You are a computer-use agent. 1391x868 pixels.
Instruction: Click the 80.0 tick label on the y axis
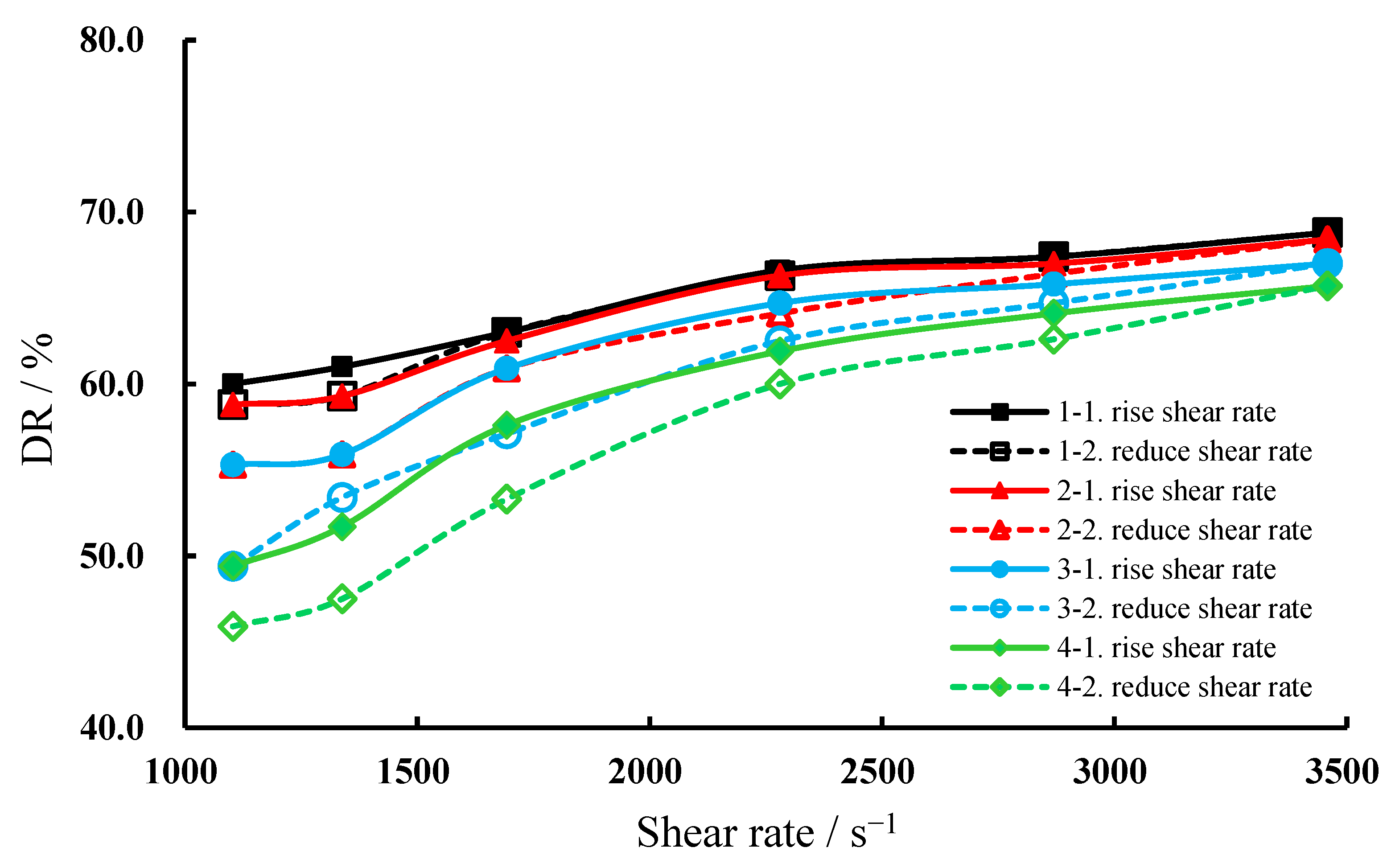111,41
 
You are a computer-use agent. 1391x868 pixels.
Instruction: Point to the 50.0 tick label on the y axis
111,557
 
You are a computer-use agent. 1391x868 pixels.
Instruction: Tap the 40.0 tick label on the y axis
111,729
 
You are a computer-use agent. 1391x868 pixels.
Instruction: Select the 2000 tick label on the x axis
645,772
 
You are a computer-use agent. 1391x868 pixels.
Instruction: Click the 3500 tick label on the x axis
1342,772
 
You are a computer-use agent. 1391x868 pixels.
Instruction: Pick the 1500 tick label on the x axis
413,772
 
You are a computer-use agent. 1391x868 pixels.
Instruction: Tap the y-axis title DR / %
38,399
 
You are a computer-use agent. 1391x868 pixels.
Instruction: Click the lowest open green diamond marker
233,626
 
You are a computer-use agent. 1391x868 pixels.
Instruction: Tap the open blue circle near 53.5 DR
342,497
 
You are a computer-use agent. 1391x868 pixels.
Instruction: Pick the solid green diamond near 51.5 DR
342,527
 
